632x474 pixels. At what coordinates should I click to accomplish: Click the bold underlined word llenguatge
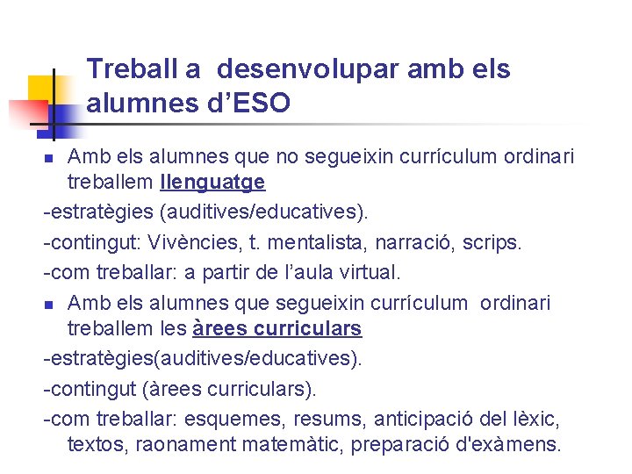(212, 183)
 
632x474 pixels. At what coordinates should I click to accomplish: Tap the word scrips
(494, 242)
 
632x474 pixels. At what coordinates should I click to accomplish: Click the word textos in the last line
(98, 444)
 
